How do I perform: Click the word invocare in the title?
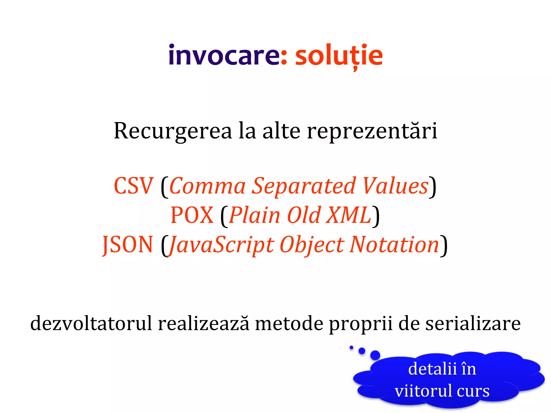click(224, 56)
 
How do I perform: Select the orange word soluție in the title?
click(339, 56)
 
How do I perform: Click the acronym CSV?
click(133, 186)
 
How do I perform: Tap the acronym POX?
click(192, 215)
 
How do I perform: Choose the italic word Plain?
click(255, 215)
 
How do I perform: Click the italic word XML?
click(348, 215)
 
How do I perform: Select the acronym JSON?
click(128, 244)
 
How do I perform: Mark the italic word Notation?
click(394, 244)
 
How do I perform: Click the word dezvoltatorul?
click(91, 323)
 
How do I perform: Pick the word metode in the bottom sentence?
click(289, 323)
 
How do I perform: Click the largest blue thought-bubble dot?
click(375, 355)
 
